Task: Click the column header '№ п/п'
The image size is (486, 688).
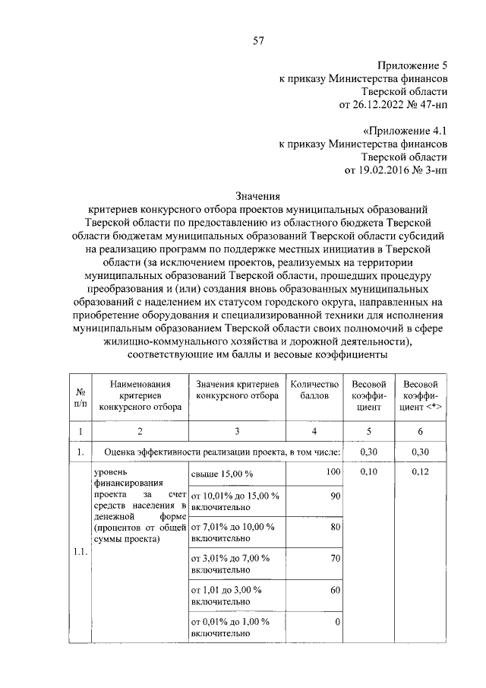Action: coord(80,396)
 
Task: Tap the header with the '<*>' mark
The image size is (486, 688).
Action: coord(420,396)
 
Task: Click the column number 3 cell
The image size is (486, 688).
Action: coord(236,432)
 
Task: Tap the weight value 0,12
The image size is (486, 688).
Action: coord(420,473)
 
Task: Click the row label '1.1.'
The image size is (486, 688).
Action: coord(80,553)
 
